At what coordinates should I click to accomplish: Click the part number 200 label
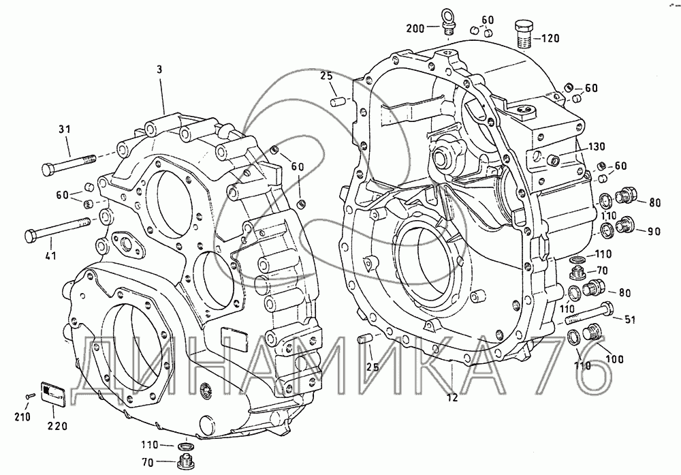click(415, 29)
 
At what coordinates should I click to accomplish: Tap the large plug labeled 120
click(524, 34)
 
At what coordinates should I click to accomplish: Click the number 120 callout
click(550, 39)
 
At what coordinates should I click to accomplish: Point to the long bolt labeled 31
click(69, 164)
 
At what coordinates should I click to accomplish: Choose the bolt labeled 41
click(57, 229)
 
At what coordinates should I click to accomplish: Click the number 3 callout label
click(159, 70)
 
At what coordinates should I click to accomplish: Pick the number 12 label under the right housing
click(452, 397)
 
